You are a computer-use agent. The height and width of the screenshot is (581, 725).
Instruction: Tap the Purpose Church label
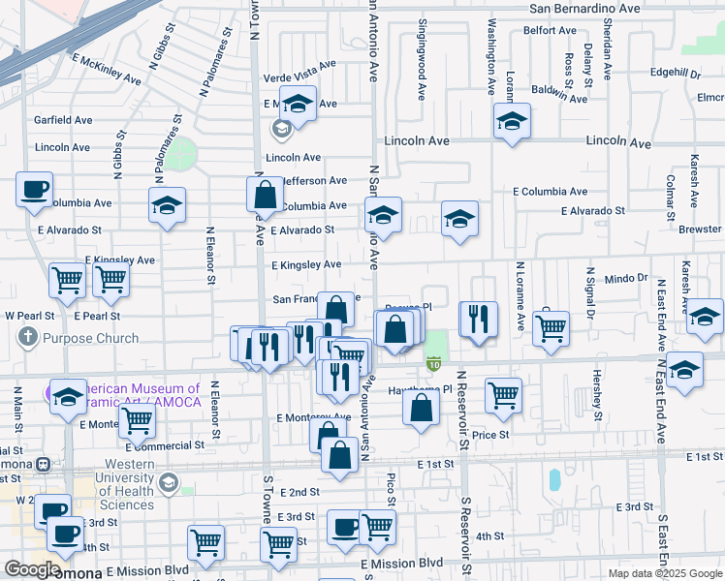tap(90, 339)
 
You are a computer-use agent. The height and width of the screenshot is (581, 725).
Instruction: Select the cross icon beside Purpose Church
tap(27, 338)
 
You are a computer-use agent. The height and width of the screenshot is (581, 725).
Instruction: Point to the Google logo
tap(32, 569)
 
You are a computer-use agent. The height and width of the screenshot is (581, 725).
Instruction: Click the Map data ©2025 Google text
tap(666, 573)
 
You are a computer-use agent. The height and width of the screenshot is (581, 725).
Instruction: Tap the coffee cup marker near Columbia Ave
tap(35, 190)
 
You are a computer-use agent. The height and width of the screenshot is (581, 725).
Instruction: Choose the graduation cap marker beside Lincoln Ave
tap(511, 122)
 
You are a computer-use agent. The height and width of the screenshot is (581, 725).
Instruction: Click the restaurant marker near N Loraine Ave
tap(478, 320)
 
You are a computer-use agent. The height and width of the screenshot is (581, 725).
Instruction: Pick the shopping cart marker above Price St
tap(504, 394)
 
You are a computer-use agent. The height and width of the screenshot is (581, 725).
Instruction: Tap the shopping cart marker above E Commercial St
tap(138, 421)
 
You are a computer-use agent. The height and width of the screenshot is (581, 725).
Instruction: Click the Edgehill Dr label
tap(676, 73)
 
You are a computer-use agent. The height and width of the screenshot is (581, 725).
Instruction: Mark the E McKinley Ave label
tap(107, 72)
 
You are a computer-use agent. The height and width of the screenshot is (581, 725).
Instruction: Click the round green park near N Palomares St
tap(179, 152)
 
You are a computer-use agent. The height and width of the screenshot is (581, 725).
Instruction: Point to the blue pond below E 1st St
tap(553, 479)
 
